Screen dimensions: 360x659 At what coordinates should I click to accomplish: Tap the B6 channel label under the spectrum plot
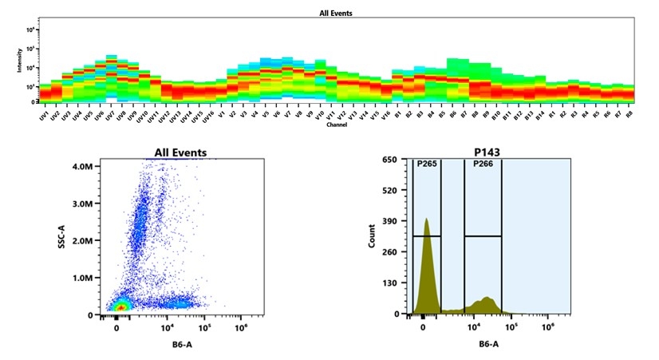[452, 116]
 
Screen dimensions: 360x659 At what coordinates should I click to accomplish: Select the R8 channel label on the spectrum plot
[629, 116]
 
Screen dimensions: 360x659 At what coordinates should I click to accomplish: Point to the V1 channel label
[221, 116]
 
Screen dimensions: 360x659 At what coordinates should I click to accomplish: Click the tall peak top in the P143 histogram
[427, 219]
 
